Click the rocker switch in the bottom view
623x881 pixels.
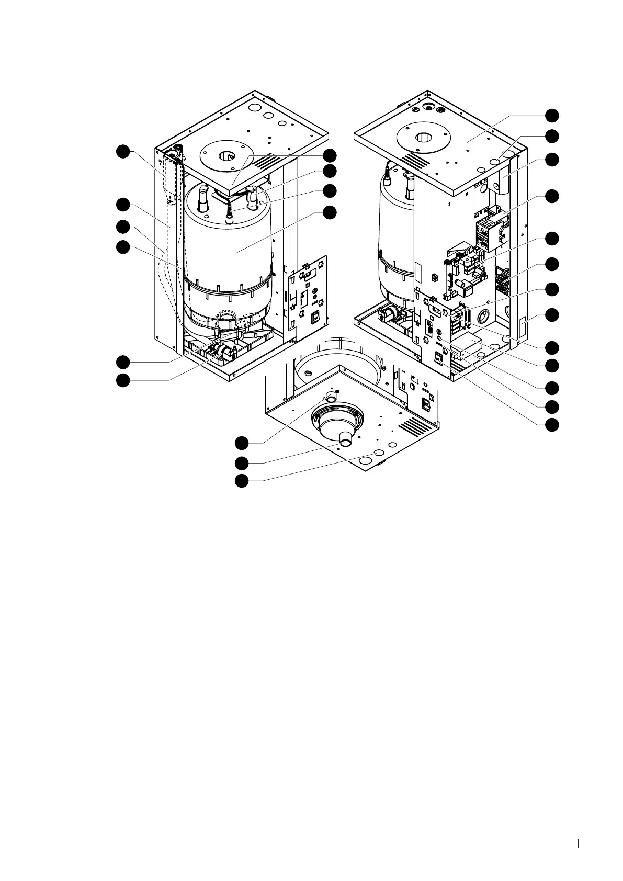(426, 404)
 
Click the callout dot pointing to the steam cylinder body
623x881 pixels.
(329, 212)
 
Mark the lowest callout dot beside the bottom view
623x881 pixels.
(241, 481)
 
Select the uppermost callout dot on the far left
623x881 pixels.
(122, 152)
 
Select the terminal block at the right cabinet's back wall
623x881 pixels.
(503, 279)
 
